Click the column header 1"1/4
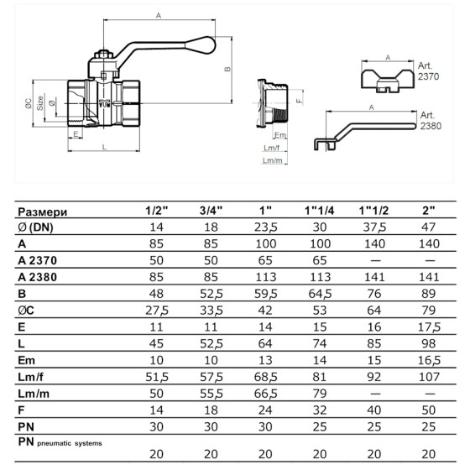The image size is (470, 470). [319, 211]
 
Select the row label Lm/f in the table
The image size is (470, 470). [30, 377]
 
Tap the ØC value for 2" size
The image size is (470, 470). [429, 311]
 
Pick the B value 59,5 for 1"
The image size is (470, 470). [265, 294]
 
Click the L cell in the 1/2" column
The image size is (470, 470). [156, 343]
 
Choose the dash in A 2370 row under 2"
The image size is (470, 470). [430, 260]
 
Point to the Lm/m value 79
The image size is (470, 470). [320, 394]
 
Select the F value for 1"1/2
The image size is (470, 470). [374, 410]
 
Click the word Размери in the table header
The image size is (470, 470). [43, 211]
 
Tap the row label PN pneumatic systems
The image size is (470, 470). [60, 442]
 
